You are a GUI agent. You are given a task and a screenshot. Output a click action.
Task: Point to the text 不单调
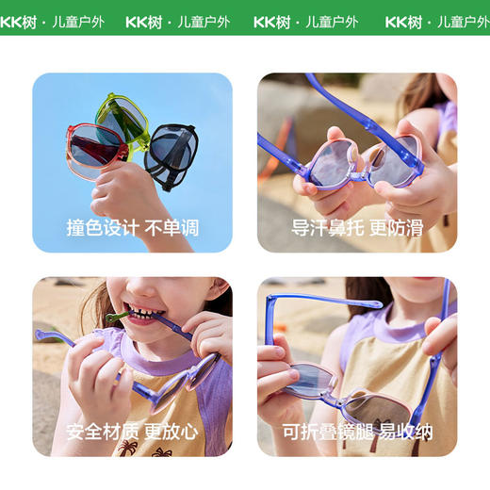tap(172, 228)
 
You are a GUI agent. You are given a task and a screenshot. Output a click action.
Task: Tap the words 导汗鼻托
tap(321, 228)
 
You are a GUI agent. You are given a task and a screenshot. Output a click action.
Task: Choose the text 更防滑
tap(397, 228)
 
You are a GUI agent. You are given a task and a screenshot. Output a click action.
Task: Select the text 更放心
tap(172, 433)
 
